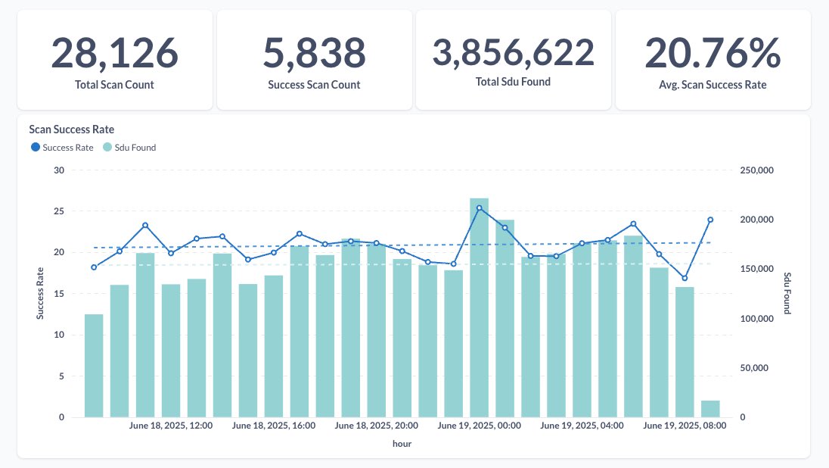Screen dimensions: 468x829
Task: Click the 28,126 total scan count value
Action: pyautogui.click(x=114, y=52)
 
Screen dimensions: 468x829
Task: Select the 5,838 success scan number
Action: pyautogui.click(x=314, y=52)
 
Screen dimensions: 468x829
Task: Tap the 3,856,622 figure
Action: pyautogui.click(x=513, y=52)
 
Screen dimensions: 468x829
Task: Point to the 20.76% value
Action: pyautogui.click(x=713, y=52)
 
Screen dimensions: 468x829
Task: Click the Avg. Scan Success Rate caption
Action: pyautogui.click(x=713, y=85)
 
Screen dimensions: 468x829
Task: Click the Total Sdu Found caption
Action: pyautogui.click(x=513, y=81)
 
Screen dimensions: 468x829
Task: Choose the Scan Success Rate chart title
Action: pyautogui.click(x=71, y=129)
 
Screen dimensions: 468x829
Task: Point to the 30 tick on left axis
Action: pyautogui.click(x=59, y=170)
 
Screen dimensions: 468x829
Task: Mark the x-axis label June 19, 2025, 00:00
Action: pyautogui.click(x=480, y=426)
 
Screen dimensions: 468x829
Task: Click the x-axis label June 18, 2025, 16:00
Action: pyautogui.click(x=274, y=426)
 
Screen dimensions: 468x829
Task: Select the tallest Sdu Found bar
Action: pyautogui.click(x=479, y=307)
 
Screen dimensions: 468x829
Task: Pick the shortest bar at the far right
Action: pyautogui.click(x=710, y=409)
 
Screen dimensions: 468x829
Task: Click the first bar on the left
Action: pyautogui.click(x=94, y=365)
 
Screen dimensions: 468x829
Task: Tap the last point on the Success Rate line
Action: pyautogui.click(x=710, y=220)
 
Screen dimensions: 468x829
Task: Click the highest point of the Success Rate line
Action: pyautogui.click(x=479, y=207)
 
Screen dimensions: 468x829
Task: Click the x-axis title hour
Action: pyautogui.click(x=402, y=445)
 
